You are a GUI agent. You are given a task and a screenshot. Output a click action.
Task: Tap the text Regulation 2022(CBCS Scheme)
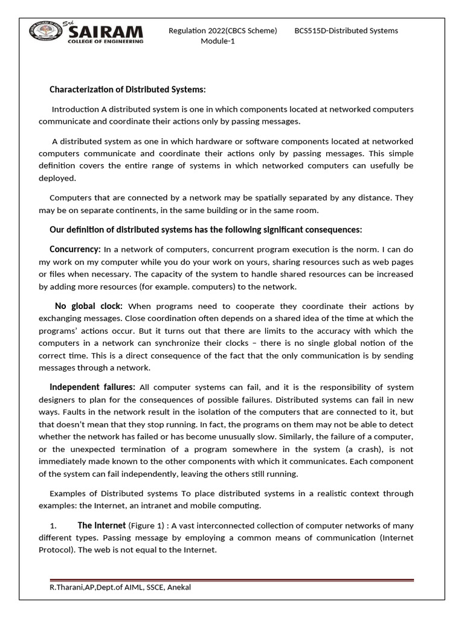(222, 31)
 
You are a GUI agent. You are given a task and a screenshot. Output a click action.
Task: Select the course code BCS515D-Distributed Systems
(346, 31)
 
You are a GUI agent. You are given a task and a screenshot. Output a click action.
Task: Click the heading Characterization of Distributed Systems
(127, 89)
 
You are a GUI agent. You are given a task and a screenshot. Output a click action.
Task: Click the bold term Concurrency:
(75, 249)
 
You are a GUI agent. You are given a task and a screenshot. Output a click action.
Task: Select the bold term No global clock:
(89, 306)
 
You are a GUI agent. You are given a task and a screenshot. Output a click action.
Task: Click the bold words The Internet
(100, 526)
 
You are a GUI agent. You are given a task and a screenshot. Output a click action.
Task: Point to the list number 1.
(53, 526)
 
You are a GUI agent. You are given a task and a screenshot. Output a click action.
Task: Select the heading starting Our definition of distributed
(205, 229)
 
